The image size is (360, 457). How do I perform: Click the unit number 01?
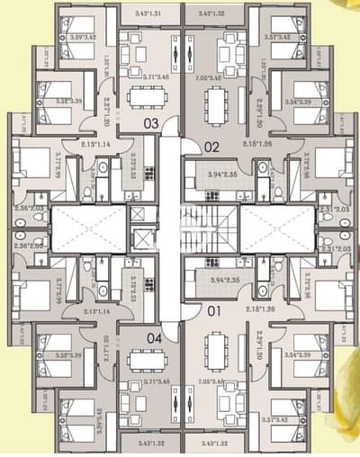coord(212,313)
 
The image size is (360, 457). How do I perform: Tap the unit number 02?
coord(212,145)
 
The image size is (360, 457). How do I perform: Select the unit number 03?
coord(150,124)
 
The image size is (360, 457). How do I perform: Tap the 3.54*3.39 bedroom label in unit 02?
coord(298,102)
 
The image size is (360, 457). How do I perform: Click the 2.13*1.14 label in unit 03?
coord(102,144)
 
